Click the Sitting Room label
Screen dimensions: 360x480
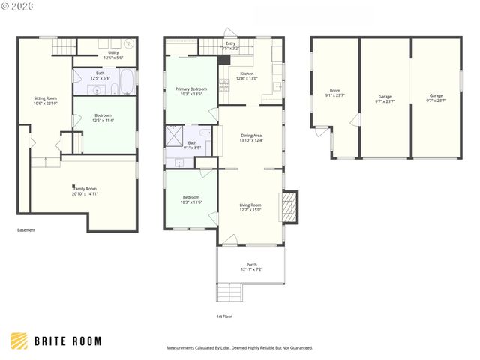(x=46, y=100)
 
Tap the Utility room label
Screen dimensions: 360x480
(x=106, y=55)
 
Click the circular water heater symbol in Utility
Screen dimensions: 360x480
(x=129, y=44)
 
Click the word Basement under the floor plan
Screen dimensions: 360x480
(x=26, y=230)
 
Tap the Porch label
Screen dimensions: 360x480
(x=251, y=266)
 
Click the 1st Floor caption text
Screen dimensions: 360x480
(x=223, y=316)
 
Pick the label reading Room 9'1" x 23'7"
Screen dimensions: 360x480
(x=334, y=94)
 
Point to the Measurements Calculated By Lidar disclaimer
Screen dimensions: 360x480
(x=239, y=348)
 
